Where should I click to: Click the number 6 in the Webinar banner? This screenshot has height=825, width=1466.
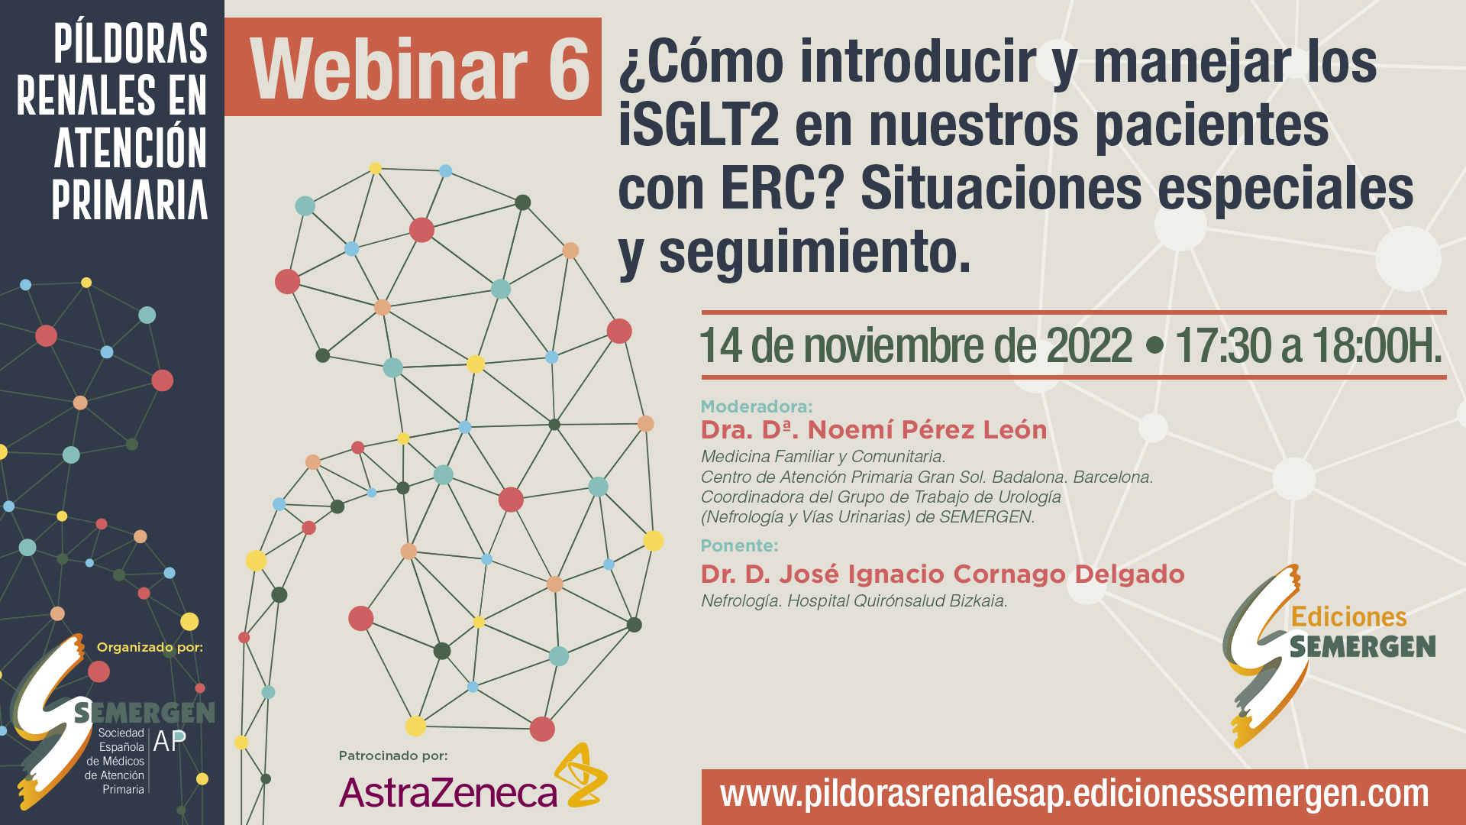coord(569,70)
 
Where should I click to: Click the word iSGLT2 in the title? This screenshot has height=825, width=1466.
coord(699,125)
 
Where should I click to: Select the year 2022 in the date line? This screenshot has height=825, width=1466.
coord(1089,345)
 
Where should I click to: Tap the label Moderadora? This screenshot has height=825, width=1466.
coord(757,406)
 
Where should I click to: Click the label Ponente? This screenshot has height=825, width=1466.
coord(739,545)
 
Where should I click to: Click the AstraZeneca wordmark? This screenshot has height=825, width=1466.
coord(448,792)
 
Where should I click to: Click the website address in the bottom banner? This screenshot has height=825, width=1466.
coord(1074,794)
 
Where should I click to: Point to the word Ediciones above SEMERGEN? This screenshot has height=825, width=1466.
coord(1348,616)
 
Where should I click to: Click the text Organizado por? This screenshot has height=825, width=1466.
coord(150,647)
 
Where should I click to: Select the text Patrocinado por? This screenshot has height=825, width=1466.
coord(393,755)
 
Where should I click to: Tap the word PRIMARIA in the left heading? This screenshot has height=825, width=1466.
coord(130,200)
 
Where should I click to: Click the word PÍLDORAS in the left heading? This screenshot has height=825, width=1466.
coord(131,44)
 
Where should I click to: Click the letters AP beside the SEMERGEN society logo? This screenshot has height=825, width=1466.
coord(170,741)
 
